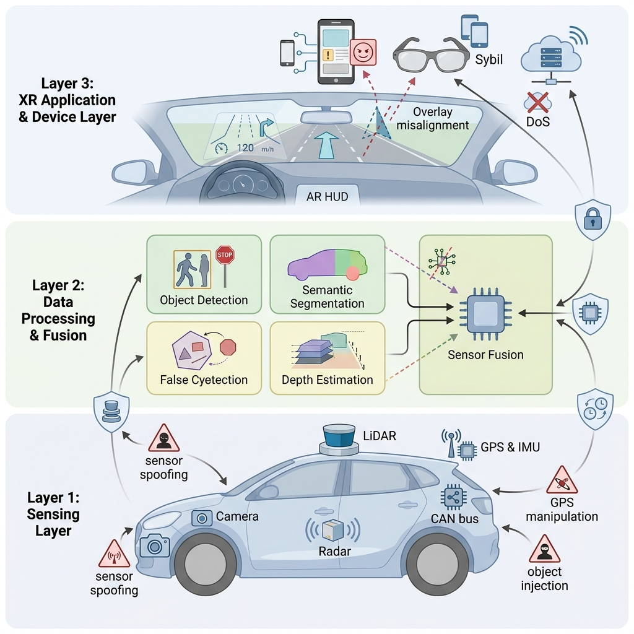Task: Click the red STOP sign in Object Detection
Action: click(x=225, y=255)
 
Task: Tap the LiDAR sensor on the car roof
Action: click(x=339, y=440)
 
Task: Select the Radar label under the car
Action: click(x=334, y=551)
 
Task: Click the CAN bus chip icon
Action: click(x=454, y=498)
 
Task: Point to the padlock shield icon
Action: click(x=593, y=219)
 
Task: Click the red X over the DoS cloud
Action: click(x=538, y=102)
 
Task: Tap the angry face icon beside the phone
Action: click(x=363, y=52)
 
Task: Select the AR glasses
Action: click(x=431, y=55)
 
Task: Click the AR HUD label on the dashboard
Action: click(x=327, y=197)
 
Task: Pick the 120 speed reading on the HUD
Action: click(x=245, y=148)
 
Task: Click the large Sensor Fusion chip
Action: click(x=485, y=313)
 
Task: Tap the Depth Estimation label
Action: click(x=327, y=380)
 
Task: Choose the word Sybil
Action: click(x=489, y=59)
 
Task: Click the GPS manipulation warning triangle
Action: click(x=562, y=480)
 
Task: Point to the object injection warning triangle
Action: click(x=544, y=549)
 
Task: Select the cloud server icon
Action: click(x=551, y=59)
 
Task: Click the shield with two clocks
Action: click(x=595, y=409)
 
